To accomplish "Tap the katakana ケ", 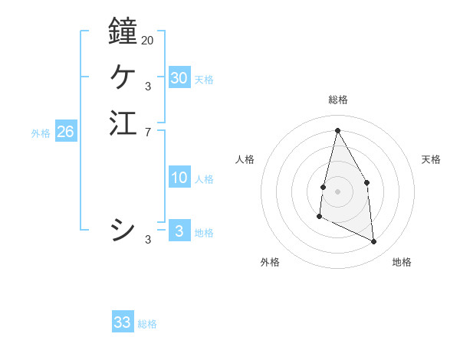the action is click(123, 77).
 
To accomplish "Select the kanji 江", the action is click(123, 123).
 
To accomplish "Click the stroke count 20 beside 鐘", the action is click(147, 40).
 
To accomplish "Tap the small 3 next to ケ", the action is click(147, 87).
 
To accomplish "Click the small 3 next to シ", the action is click(147, 240).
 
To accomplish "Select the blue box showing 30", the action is click(179, 78).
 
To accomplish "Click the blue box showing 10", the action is click(179, 178).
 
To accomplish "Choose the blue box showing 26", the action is click(65, 132).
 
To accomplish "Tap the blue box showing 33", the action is click(122, 322).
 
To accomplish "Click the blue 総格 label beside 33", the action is click(147, 324).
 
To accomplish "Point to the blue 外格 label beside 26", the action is click(41, 133).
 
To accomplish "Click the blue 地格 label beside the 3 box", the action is click(204, 233).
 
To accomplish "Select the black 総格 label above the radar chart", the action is click(337, 100).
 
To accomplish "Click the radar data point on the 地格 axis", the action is click(374, 242).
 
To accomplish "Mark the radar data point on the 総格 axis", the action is click(337, 130).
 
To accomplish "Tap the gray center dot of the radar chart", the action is click(337, 191).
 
